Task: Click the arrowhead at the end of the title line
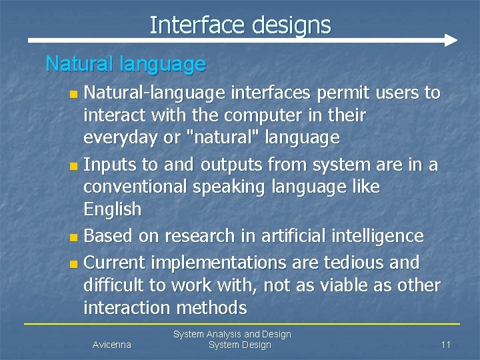coord(451,40)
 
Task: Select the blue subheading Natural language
coord(125,64)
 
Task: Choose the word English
coord(112,209)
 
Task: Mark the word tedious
coord(351,262)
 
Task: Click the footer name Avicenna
coord(111,345)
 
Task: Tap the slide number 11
coord(446,345)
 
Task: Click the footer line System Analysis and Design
coord(232,334)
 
